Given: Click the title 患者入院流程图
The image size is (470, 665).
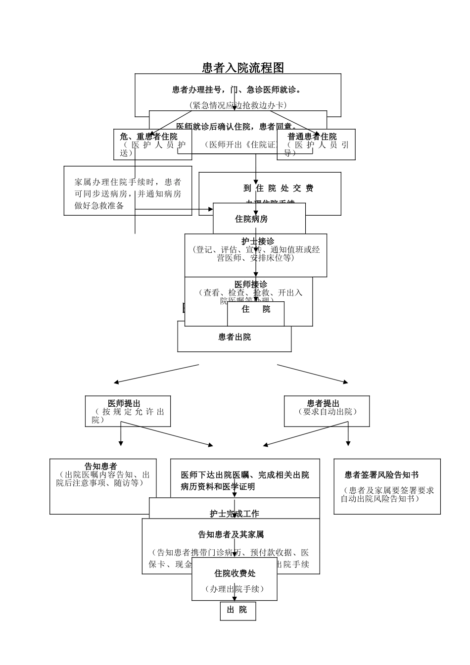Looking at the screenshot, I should pyautogui.click(x=243, y=67).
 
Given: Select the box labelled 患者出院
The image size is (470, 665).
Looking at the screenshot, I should pyautogui.click(x=235, y=337).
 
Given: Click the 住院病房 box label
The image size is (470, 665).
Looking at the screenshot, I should pyautogui.click(x=251, y=219).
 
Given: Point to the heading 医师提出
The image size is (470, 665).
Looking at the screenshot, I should pyautogui.click(x=124, y=404).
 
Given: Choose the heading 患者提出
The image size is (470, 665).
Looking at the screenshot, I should pyautogui.click(x=323, y=404).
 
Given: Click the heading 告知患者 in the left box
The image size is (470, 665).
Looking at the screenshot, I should pyautogui.click(x=101, y=467).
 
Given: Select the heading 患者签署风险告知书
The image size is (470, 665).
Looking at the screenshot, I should pyautogui.click(x=381, y=475).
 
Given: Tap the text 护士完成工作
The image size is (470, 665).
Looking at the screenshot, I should pyautogui.click(x=235, y=514).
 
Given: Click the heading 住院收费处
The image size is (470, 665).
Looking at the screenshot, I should pyautogui.click(x=235, y=573).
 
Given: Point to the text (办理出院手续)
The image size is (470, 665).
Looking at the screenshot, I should pyautogui.click(x=235, y=589).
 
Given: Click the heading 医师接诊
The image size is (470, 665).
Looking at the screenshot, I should pyautogui.click(x=251, y=285).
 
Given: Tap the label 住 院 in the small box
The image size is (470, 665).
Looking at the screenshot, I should pyautogui.click(x=256, y=309).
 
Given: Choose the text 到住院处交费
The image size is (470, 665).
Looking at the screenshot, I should pyautogui.click(x=279, y=188).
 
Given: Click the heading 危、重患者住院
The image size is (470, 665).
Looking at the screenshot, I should pyautogui.click(x=148, y=137).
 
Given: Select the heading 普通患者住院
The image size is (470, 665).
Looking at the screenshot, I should pyautogui.click(x=312, y=137).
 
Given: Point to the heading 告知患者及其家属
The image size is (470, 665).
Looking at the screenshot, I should pyautogui.click(x=231, y=534).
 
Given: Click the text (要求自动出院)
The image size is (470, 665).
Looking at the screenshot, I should pyautogui.click(x=328, y=412).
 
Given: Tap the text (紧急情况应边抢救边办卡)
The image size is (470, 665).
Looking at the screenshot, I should pyautogui.click(x=237, y=105).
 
